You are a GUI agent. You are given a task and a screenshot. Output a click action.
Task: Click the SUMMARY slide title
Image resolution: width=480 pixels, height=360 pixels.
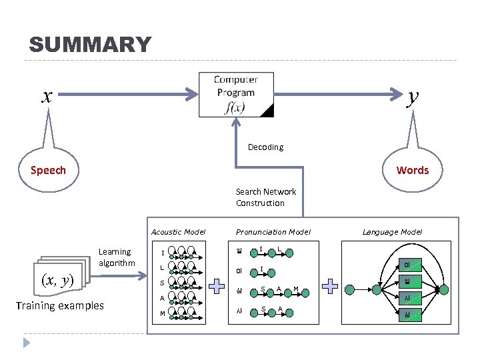click(90, 45)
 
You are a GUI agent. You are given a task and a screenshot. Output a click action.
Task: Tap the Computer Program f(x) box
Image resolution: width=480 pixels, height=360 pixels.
click(236, 94)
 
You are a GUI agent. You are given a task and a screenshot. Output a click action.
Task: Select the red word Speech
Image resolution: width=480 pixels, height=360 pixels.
click(48, 170)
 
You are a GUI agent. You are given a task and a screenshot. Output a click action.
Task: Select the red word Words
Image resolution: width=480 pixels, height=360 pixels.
click(413, 170)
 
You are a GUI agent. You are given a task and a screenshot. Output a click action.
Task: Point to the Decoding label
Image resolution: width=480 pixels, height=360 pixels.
click(265, 147)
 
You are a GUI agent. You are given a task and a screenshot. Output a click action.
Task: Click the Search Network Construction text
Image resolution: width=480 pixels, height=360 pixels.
click(265, 197)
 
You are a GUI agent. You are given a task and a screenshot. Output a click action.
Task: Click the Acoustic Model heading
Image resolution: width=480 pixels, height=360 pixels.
click(179, 232)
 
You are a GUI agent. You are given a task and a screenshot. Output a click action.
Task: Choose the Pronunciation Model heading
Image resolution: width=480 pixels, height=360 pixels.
click(273, 232)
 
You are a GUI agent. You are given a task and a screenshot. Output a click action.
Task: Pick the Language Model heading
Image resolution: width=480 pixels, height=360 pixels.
click(392, 232)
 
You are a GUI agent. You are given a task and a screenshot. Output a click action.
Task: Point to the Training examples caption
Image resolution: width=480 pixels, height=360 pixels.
click(60, 305)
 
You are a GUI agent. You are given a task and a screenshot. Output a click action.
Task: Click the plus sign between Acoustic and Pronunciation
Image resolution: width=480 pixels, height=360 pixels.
click(217, 287)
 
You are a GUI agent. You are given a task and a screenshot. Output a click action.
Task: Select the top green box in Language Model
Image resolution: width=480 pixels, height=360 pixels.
click(407, 265)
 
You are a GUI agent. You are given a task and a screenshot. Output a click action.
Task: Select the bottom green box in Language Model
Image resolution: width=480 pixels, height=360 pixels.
click(407, 314)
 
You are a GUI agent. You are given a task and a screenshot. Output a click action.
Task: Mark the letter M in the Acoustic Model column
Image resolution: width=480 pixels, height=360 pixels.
click(162, 314)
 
